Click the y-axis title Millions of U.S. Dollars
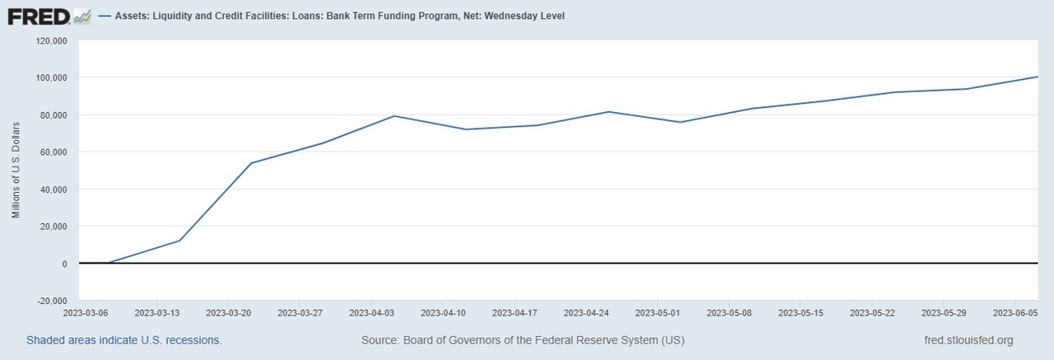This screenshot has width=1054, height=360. pyautogui.click(x=16, y=171)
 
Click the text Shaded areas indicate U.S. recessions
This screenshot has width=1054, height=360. pyautogui.click(x=124, y=340)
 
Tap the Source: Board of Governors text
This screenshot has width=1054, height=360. pyautogui.click(x=523, y=340)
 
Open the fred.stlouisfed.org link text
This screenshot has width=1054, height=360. pyautogui.click(x=969, y=340)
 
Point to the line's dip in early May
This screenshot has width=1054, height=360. pyautogui.click(x=680, y=122)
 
